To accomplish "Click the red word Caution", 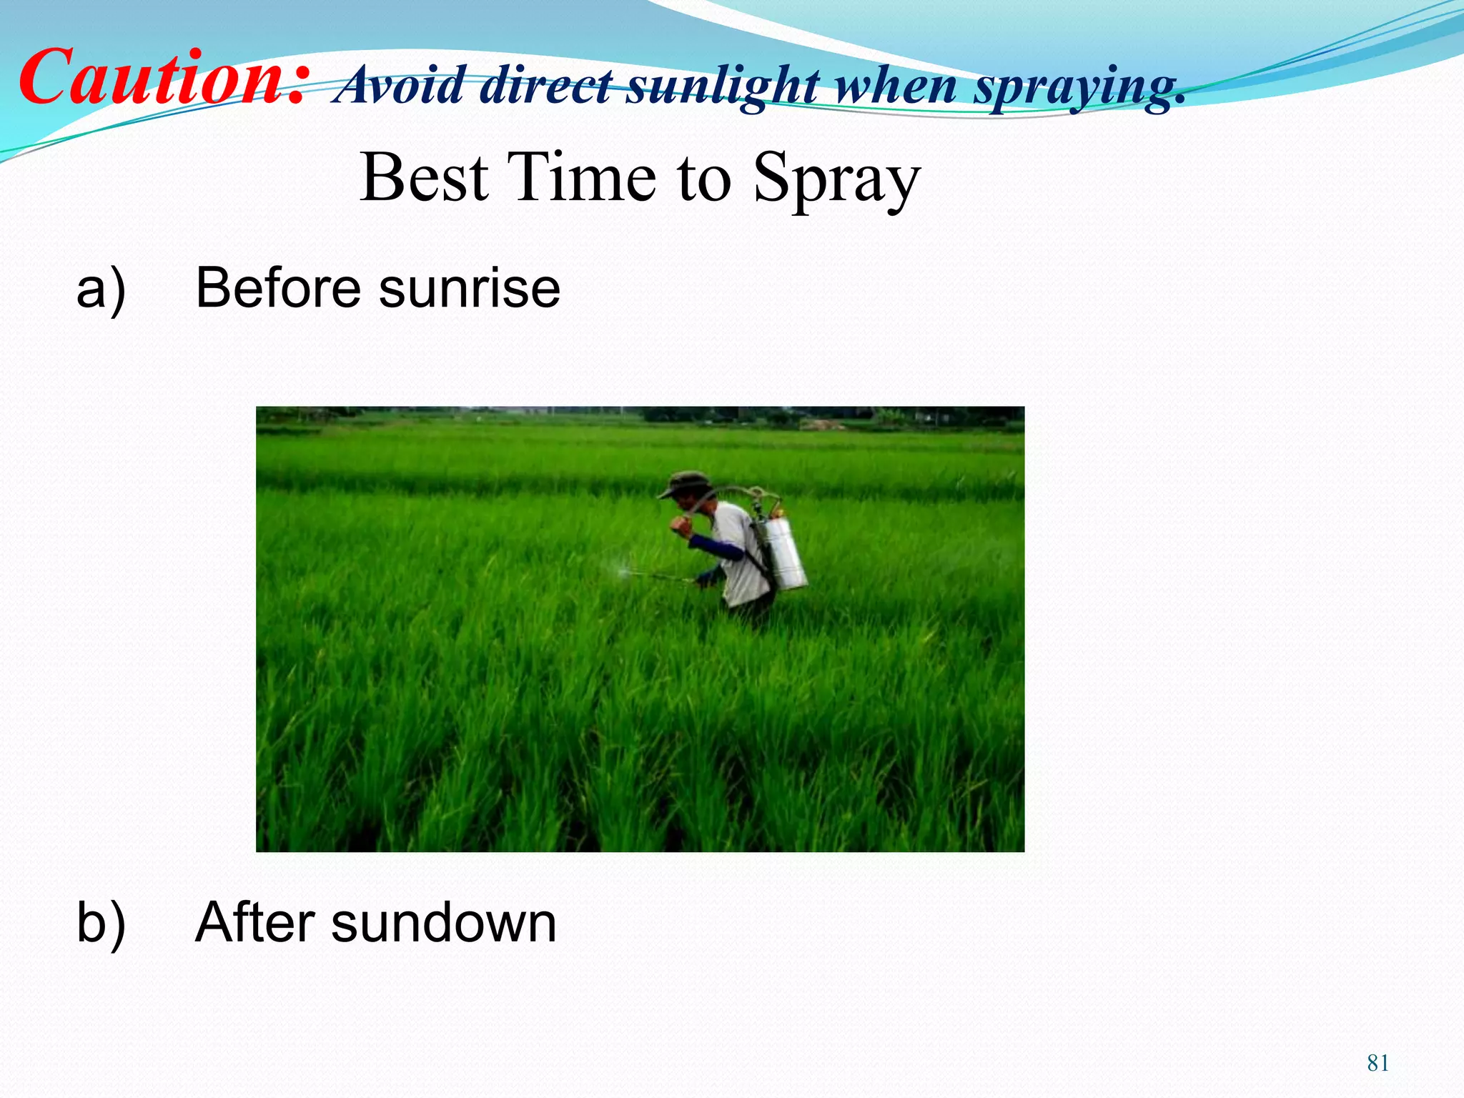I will coord(164,77).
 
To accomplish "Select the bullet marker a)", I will coord(101,290).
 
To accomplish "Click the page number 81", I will coord(1378,1063).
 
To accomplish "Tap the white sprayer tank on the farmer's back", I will coord(783,554).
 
